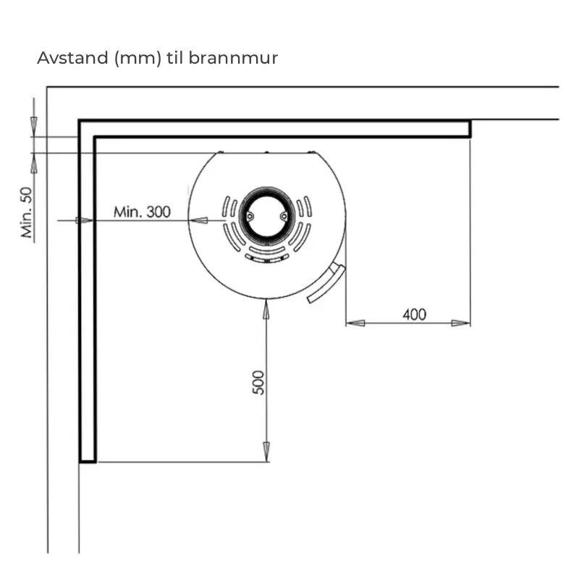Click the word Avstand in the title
coord(72,58)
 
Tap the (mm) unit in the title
coord(138,59)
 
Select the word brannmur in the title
coord(233,58)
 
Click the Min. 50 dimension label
coord(27,212)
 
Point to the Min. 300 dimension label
coord(142,212)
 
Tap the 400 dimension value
coord(414,315)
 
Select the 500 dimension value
coord(258,383)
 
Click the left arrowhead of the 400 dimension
coord(355,323)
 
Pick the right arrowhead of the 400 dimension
coord(461,323)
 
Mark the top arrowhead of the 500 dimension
coord(266,310)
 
